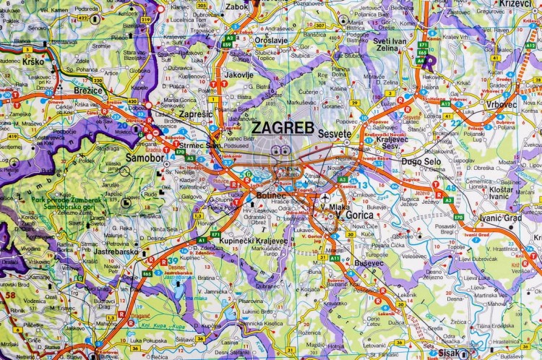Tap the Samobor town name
point(125,157)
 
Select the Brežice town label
point(88,91)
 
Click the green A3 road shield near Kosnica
point(343,179)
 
